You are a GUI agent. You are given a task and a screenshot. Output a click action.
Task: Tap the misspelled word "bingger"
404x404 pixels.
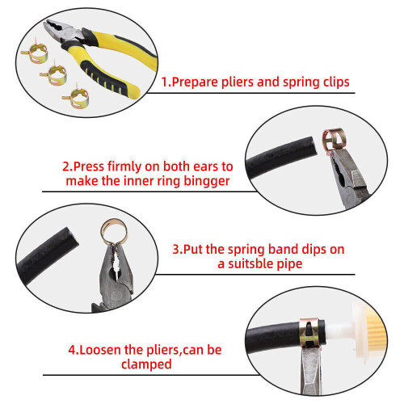[x=207, y=181]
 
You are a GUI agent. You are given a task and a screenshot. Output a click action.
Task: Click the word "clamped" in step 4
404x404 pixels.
[x=146, y=364]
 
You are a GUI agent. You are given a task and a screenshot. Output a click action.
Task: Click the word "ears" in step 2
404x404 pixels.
[x=205, y=167]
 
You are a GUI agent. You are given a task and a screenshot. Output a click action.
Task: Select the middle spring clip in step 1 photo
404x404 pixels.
[x=55, y=74]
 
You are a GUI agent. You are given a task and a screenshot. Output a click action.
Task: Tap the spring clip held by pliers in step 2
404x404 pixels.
[x=334, y=141]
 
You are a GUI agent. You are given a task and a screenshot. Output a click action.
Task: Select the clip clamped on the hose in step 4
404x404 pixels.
[x=309, y=334]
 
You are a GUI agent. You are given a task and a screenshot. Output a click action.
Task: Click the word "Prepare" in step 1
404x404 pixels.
[x=195, y=82]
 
